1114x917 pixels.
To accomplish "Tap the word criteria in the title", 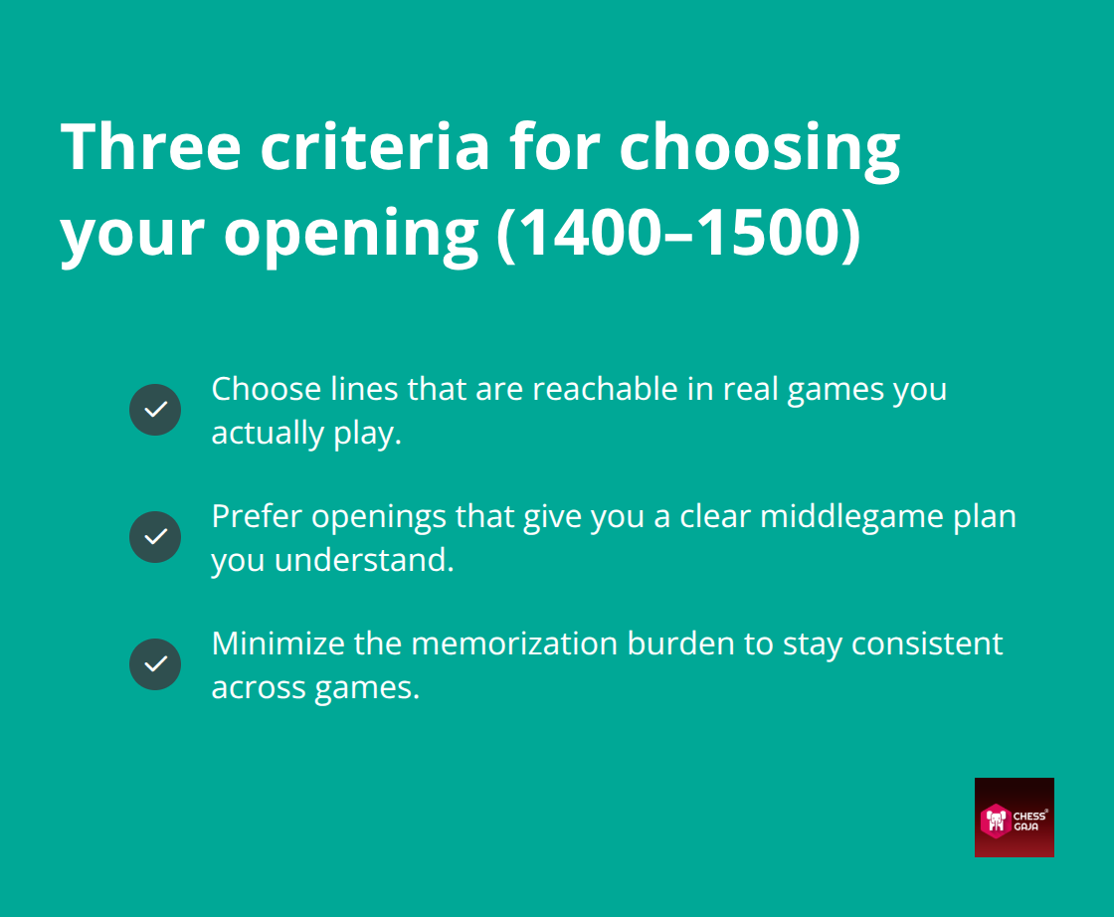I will point(375,146).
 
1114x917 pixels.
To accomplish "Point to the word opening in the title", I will point(350,234).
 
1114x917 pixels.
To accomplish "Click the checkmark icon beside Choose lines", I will point(155,410).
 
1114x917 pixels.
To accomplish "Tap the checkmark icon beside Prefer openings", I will point(155,537).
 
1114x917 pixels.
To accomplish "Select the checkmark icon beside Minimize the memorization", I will point(155,664).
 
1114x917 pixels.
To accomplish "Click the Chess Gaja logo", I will point(1014,817).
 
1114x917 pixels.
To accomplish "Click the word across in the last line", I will point(259,687).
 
